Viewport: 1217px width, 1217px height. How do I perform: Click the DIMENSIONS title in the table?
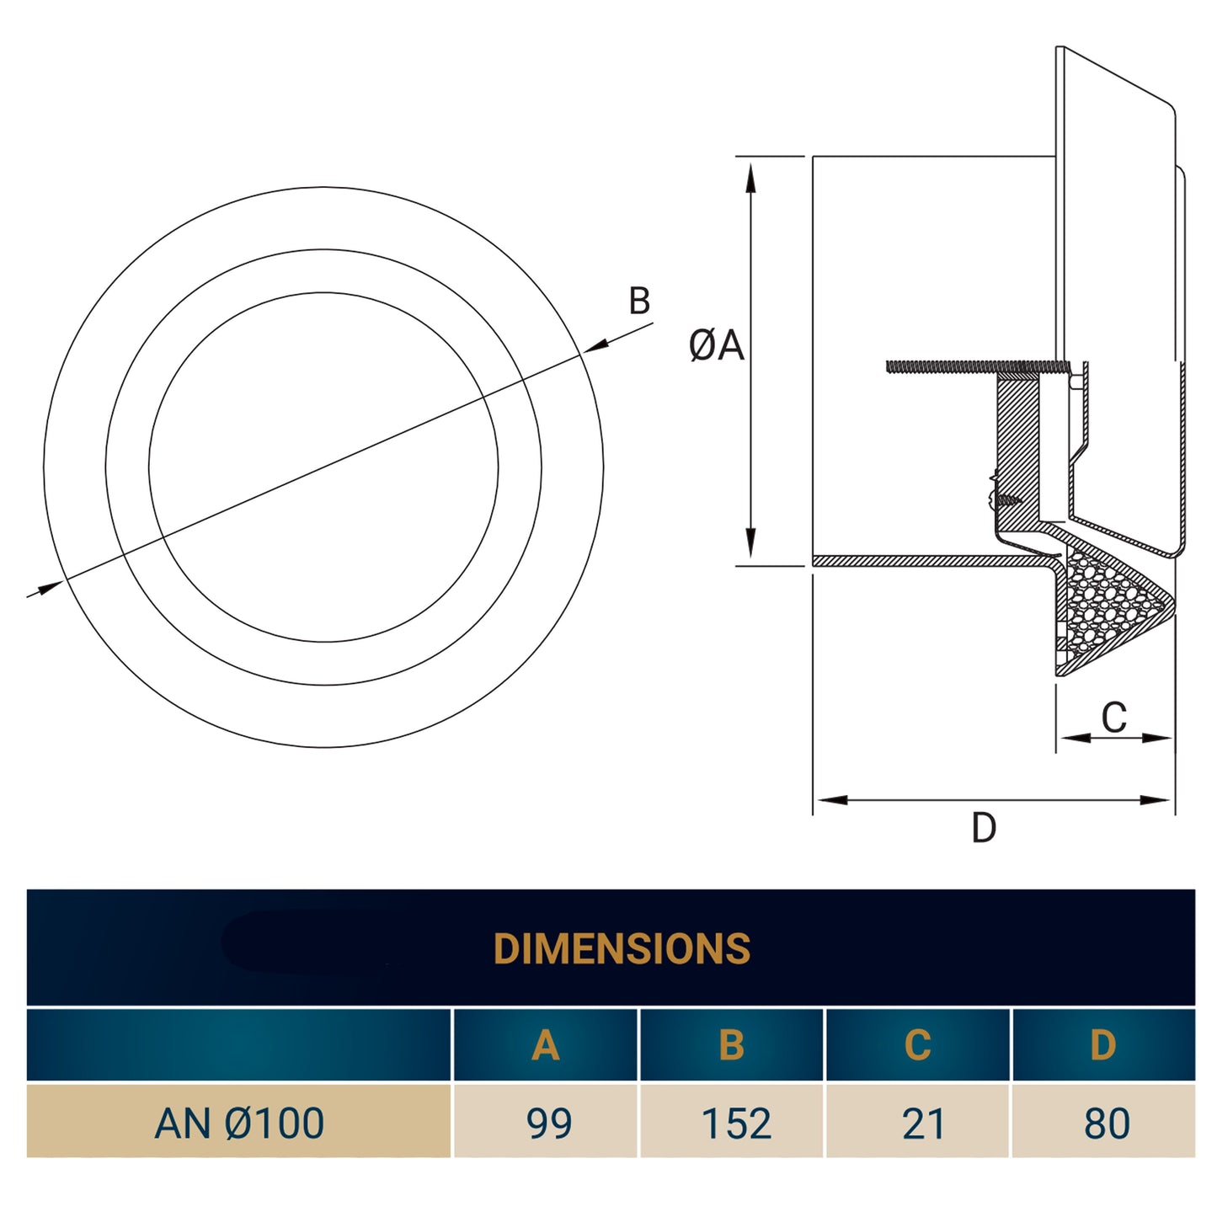[622, 948]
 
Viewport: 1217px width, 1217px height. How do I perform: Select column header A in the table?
[545, 1045]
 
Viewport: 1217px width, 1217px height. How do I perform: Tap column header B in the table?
[731, 1045]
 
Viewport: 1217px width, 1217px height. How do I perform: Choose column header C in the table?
[917, 1045]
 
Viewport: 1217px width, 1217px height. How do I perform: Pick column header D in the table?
[1102, 1045]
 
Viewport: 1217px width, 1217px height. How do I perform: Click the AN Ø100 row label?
[239, 1123]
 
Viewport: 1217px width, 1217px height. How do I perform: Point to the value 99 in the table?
[548, 1123]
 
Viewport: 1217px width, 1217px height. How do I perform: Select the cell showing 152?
[735, 1123]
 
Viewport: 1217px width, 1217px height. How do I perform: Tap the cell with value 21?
[923, 1123]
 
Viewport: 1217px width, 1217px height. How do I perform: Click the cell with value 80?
[1107, 1123]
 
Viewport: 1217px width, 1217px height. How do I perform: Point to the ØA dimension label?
[716, 345]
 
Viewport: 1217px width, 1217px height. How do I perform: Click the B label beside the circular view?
[639, 301]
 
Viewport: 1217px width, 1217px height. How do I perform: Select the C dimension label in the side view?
[1113, 718]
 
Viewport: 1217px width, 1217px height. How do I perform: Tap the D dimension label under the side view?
[983, 828]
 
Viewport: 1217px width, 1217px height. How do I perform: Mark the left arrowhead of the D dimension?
[830, 799]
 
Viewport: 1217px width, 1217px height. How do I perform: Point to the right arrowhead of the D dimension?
[1156, 799]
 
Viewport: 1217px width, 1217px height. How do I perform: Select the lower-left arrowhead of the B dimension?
[51, 586]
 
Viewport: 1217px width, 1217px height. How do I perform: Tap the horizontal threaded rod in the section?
[969, 366]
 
